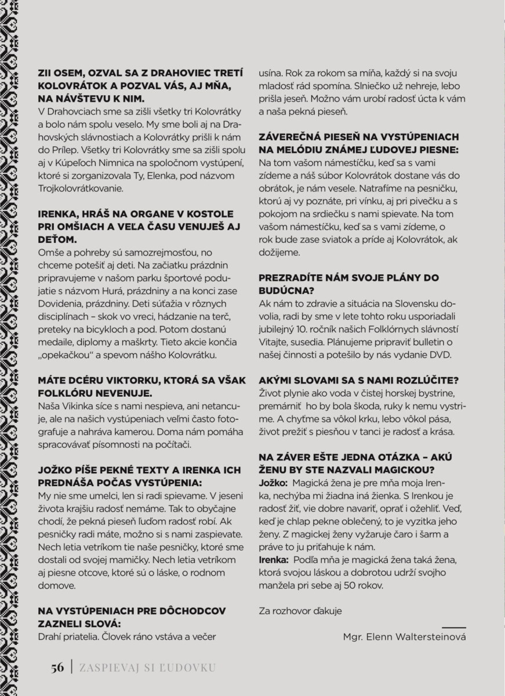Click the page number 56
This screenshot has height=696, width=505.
pos(57,667)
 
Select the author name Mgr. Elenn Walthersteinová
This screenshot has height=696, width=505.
pos(404,636)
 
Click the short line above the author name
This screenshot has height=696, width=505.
pos(453,627)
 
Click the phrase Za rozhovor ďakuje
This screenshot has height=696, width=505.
pos(300,610)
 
